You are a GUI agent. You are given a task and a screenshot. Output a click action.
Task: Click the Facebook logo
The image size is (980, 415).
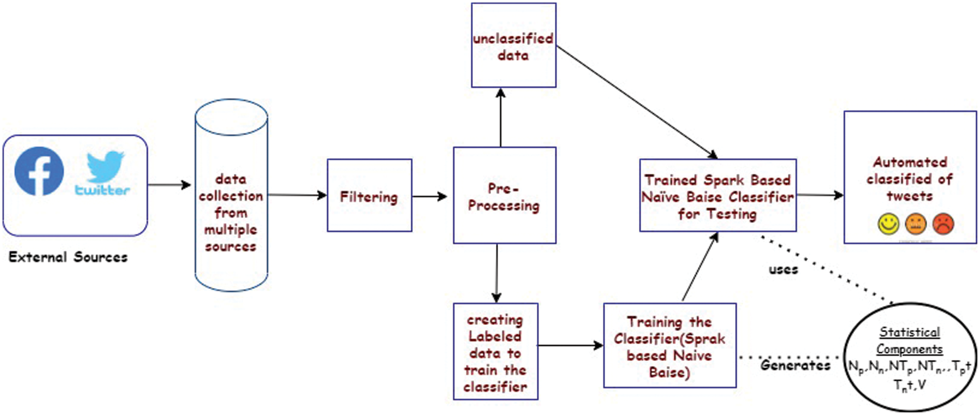(x=39, y=171)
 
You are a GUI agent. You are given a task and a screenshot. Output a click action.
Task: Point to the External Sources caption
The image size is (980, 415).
(x=68, y=257)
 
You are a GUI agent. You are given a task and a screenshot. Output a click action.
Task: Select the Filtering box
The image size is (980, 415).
(x=369, y=196)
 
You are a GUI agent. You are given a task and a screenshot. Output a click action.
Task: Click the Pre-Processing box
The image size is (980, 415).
(x=504, y=196)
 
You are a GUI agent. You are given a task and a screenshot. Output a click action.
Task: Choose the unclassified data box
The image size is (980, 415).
(x=513, y=46)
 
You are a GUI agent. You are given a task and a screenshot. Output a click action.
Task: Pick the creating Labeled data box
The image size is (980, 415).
(x=495, y=352)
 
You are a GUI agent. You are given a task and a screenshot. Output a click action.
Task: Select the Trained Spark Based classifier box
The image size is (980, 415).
(x=718, y=196)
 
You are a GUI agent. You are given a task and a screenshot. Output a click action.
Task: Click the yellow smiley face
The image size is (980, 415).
(x=888, y=224)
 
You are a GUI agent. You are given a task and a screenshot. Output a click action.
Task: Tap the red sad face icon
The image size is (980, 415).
(x=943, y=224)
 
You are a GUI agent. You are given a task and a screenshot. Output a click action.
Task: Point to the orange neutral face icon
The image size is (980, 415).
(x=915, y=224)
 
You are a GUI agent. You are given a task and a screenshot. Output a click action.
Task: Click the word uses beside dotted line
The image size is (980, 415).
(x=783, y=270)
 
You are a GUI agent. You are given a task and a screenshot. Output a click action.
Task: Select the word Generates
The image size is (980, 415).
(x=795, y=365)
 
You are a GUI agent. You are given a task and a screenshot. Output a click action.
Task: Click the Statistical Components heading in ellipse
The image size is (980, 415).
(x=909, y=340)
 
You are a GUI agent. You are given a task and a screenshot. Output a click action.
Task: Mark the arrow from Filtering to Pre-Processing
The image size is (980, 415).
(x=430, y=196)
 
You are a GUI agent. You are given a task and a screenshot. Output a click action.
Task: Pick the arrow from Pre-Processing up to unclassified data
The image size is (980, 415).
(x=501, y=118)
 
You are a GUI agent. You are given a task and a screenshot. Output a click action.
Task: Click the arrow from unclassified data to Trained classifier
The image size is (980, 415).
(x=636, y=100)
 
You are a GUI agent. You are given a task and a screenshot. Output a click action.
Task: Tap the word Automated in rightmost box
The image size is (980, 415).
(x=910, y=162)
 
